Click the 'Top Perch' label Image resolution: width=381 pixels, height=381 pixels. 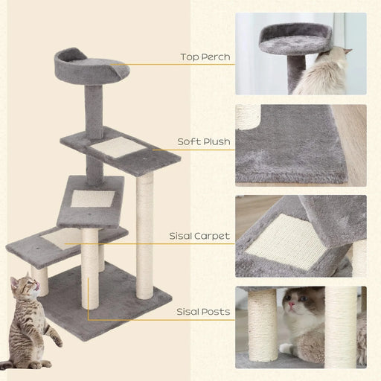(205, 57)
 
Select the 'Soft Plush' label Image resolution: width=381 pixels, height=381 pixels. (203, 141)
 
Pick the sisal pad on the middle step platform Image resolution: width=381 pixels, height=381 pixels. (94, 199)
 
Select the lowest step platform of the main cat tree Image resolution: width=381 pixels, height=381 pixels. (63, 242)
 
